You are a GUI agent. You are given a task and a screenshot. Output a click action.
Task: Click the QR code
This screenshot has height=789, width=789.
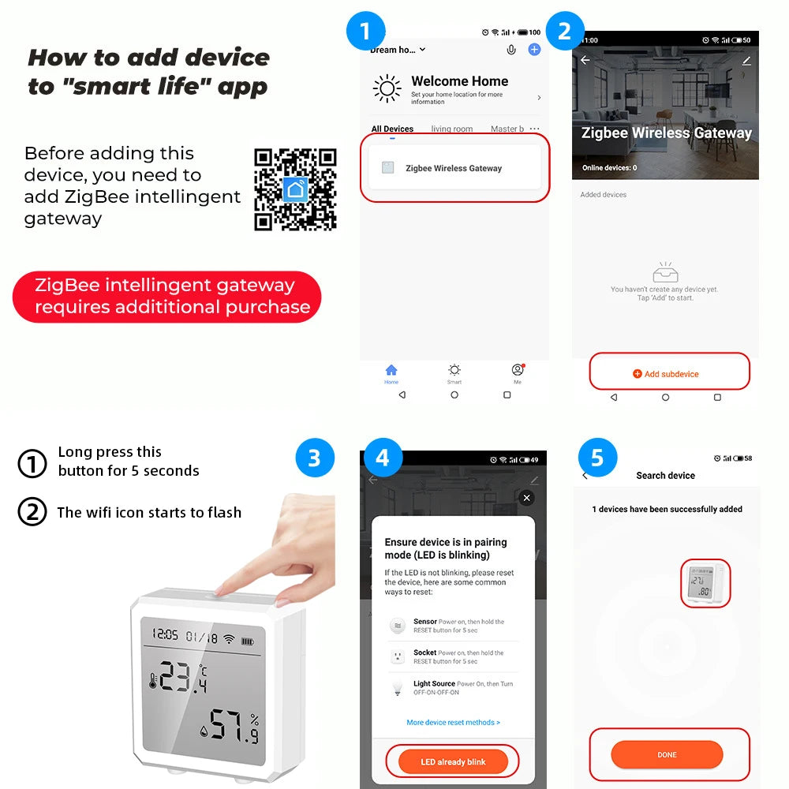pyautogui.click(x=295, y=189)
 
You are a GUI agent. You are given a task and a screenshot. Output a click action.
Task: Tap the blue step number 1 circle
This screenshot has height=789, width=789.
pyautogui.click(x=365, y=32)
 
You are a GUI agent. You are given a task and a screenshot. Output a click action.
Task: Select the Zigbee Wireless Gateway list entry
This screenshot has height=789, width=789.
pyautogui.click(x=454, y=168)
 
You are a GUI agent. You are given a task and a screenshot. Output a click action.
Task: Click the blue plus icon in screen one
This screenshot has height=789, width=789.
pyautogui.click(x=534, y=50)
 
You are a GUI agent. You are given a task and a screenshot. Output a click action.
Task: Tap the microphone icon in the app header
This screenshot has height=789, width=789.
pyautogui.click(x=511, y=50)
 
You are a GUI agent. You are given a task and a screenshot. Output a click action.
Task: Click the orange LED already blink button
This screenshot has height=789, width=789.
pyautogui.click(x=453, y=761)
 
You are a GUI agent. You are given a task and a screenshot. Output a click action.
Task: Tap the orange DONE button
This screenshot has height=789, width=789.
pyautogui.click(x=667, y=755)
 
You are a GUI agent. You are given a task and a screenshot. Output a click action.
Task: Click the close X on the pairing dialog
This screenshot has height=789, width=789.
pyautogui.click(x=527, y=498)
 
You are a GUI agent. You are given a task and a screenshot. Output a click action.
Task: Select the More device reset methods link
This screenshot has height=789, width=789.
pyautogui.click(x=453, y=722)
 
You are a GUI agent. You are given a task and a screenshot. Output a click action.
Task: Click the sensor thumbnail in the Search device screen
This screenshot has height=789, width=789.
pyautogui.click(x=705, y=584)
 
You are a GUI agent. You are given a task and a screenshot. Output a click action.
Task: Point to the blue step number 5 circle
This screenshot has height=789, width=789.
pyautogui.click(x=597, y=458)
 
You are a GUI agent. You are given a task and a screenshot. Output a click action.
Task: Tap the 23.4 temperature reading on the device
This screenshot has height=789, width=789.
pyautogui.click(x=184, y=678)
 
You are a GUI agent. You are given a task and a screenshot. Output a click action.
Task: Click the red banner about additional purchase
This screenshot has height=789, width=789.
pyautogui.click(x=167, y=297)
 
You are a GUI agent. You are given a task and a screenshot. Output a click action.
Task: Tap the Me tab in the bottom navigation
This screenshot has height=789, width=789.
pyautogui.click(x=518, y=372)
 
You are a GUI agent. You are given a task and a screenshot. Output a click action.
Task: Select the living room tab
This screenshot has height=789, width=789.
pyautogui.click(x=452, y=129)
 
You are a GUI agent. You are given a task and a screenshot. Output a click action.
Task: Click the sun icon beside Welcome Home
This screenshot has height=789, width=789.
pyautogui.click(x=387, y=88)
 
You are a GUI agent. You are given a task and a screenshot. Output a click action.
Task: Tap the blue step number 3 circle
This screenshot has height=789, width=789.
pyautogui.click(x=314, y=458)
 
